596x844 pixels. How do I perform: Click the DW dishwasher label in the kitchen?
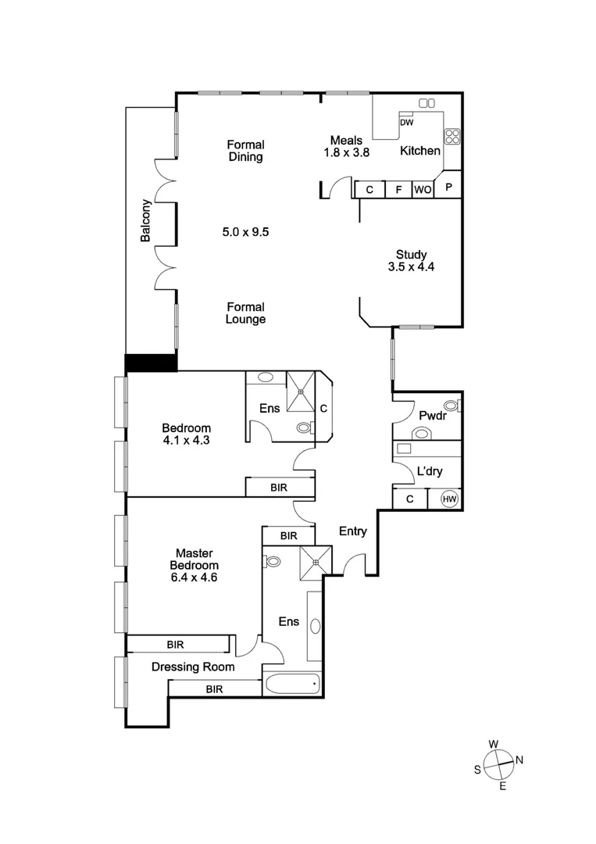point(406,123)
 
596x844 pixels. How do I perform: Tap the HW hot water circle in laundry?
point(450,499)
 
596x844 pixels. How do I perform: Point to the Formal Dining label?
point(245,151)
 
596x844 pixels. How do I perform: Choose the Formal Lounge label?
point(245,313)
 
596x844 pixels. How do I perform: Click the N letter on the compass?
point(520,760)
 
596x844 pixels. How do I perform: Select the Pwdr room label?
point(431,416)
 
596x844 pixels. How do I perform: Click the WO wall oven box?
point(422,189)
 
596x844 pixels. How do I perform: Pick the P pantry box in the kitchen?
point(449,188)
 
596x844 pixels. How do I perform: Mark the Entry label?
point(352,531)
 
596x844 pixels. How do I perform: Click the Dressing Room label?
point(193,667)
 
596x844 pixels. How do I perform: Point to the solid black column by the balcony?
point(152,363)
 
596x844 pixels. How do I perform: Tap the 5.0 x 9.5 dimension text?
point(245,231)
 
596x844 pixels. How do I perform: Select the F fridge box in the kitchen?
point(398,189)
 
